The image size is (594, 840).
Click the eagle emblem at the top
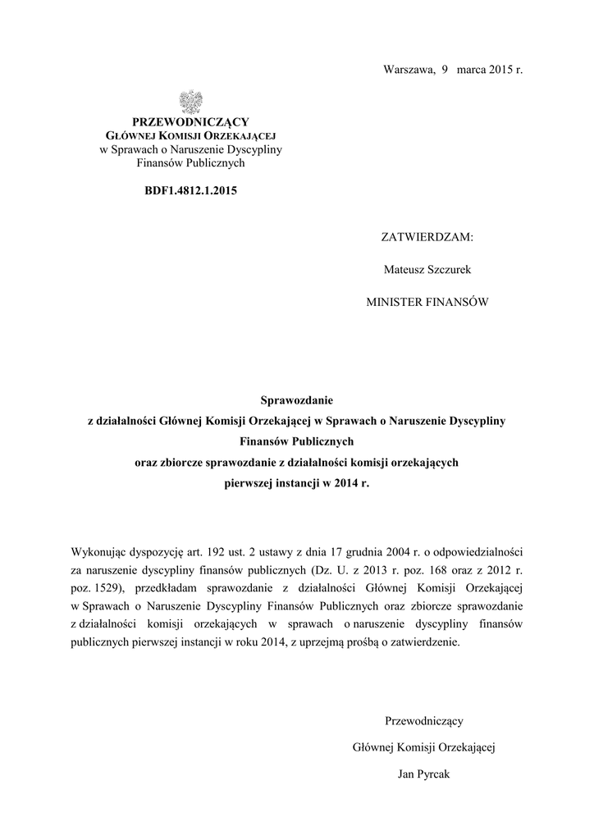pos(190,102)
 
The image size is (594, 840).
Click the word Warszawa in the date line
pos(408,70)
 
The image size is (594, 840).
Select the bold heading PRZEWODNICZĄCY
pos(190,122)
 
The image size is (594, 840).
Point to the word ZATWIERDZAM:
pos(427,237)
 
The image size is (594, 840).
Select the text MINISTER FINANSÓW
pos(427,302)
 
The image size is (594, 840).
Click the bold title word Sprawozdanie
pos(297,400)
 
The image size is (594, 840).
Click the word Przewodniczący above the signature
pos(424,721)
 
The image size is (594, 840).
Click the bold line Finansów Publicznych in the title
pos(297,441)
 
